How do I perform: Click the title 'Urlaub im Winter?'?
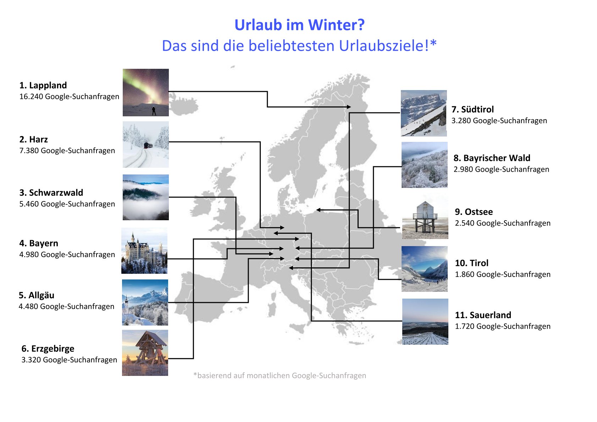coord(299,25)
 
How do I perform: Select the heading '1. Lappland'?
coord(43,85)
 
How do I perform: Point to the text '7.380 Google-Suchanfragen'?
coord(67,151)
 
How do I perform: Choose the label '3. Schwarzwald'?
coord(51,193)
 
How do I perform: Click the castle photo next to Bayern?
coord(144,251)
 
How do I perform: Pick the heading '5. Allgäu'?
coord(36,295)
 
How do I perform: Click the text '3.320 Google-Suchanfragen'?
coord(69,360)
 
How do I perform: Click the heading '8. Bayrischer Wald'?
coord(492,158)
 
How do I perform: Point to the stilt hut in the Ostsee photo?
coord(425,216)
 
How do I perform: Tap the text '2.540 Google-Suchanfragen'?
coord(503,223)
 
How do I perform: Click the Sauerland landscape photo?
coord(425,322)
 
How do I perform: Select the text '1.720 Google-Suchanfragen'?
coord(503,327)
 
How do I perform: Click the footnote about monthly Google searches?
coord(280,376)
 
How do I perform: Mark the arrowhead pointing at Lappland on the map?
coord(349,107)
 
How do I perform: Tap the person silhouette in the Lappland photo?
coord(154,111)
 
